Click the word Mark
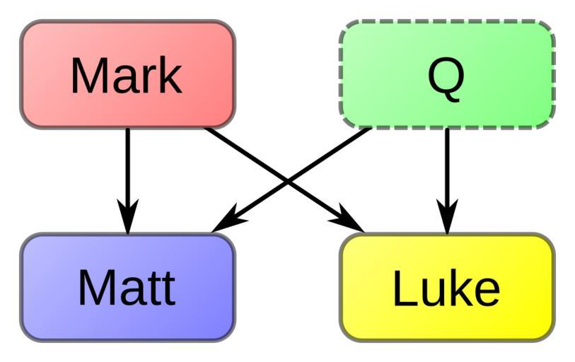[x=126, y=75]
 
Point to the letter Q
[x=446, y=76]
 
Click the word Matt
[x=127, y=288]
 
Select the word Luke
[x=446, y=288]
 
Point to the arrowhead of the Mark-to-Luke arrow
[x=349, y=219]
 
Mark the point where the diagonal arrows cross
[x=288, y=182]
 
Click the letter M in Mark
[x=88, y=75]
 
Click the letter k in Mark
[x=170, y=75]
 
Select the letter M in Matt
[x=96, y=288]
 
